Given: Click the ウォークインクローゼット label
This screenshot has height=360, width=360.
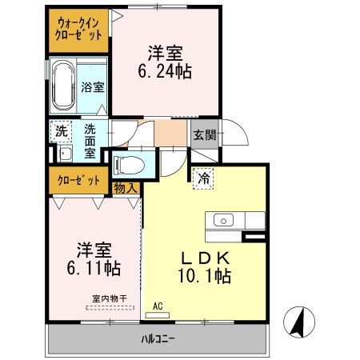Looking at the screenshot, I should tap(78, 29).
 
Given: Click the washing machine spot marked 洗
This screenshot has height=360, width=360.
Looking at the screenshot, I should tap(61, 130).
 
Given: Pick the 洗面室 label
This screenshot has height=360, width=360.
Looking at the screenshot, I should tap(90, 141).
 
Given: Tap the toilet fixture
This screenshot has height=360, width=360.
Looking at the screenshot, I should tap(128, 166).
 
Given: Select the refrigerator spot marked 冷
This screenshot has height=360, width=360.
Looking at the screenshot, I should tap(204, 180).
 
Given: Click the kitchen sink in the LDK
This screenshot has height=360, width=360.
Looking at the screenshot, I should tap(222, 220).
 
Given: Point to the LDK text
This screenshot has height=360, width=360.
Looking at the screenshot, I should tap(205, 258).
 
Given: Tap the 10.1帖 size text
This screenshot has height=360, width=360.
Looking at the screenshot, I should tap(205, 276).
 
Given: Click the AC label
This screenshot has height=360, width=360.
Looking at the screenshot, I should tap(158, 306).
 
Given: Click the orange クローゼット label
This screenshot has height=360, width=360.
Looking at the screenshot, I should tap(78, 179).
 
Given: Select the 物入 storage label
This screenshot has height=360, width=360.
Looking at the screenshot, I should tap(126, 187).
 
